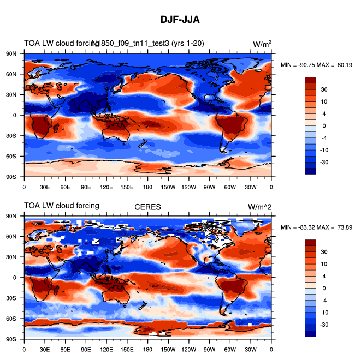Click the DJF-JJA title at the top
(x=180, y=20)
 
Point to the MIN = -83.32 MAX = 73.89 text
(x=317, y=227)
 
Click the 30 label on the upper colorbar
(x=324, y=89)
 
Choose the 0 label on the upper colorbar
(x=324, y=125)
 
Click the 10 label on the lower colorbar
(x=324, y=263)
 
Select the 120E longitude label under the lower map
(x=106, y=349)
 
